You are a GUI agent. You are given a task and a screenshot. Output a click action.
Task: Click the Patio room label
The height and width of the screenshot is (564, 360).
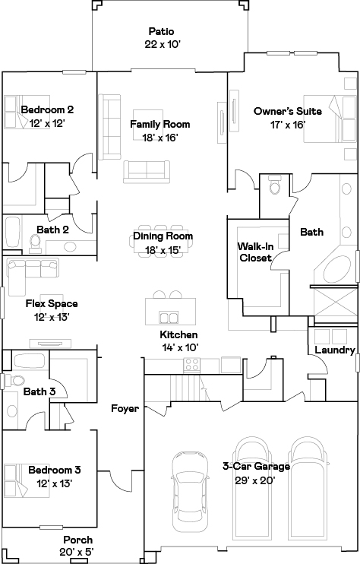click(x=161, y=31)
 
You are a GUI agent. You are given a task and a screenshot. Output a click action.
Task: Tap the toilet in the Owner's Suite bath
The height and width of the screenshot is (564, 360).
click(x=275, y=185)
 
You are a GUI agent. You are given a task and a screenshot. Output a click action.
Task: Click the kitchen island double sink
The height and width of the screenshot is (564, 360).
click(x=169, y=317)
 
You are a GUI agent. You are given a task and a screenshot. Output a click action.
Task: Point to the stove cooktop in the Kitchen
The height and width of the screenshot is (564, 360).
click(x=191, y=365)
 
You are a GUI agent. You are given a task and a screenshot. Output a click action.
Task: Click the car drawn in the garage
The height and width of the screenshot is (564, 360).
click(x=190, y=491)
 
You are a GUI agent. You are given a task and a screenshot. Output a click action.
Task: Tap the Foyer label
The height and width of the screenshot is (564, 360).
click(x=125, y=409)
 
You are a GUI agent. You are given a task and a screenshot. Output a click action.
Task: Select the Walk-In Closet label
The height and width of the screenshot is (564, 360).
click(x=255, y=252)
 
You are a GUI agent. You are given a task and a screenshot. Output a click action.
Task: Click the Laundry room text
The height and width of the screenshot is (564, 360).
click(x=335, y=350)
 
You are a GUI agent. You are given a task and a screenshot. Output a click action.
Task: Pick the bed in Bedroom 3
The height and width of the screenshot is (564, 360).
click(x=27, y=480)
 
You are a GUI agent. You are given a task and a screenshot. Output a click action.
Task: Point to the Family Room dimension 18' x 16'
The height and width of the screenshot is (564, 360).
click(x=160, y=138)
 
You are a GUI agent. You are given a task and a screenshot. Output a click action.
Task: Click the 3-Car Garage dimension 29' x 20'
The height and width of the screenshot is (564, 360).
click(x=255, y=480)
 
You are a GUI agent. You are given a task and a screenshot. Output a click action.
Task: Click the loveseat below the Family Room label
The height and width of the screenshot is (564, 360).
click(x=147, y=172)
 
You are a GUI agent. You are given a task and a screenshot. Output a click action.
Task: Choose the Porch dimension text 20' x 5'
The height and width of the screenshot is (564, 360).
click(x=77, y=552)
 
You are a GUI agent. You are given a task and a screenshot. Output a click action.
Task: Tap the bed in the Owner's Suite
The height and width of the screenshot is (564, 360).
click(x=330, y=119)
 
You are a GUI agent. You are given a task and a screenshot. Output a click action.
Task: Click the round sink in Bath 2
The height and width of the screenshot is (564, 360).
click(x=68, y=247)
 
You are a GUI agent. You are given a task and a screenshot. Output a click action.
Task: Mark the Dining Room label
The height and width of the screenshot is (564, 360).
click(x=163, y=236)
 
